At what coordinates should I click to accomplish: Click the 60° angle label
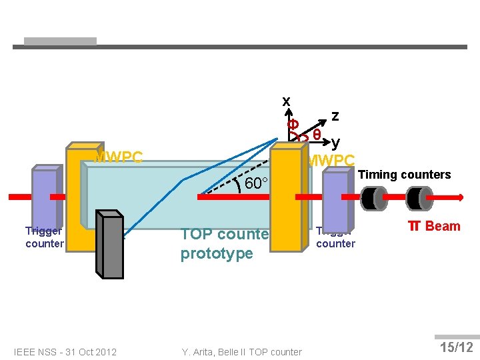pos(256,184)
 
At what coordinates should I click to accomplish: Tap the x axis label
pos(286,101)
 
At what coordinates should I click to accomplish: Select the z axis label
pos(335,115)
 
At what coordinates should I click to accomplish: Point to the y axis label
pos(335,142)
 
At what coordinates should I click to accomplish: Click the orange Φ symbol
pos(292,125)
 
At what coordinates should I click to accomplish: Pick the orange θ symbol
pos(317,134)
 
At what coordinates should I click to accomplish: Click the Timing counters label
pos(404,175)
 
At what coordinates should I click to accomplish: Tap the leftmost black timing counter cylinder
pos(373,197)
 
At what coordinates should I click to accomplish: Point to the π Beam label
pos(434,226)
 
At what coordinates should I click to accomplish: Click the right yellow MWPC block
pos(286,200)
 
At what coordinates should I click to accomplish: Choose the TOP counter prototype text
pos(223,244)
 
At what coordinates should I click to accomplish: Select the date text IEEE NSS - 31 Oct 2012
pos(65,352)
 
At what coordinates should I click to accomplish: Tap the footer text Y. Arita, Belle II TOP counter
pos(241,352)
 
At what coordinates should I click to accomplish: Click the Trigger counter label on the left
pos(45,237)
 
